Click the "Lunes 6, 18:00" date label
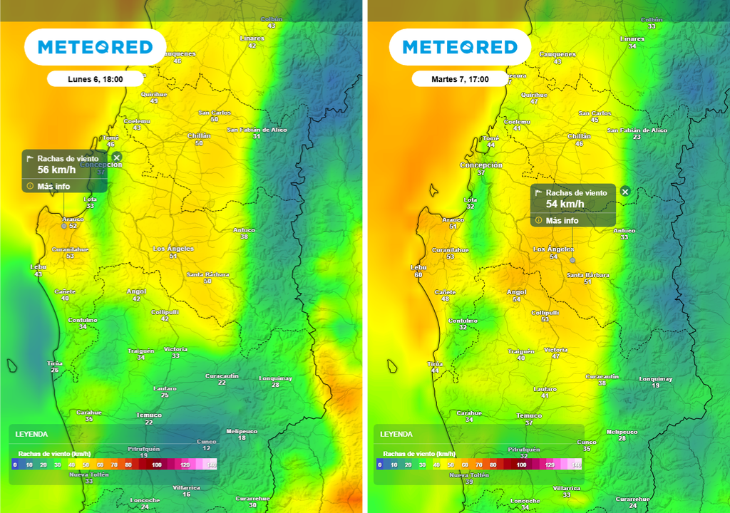96,79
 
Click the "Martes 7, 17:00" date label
461,79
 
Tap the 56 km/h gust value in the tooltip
53,170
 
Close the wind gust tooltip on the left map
117,157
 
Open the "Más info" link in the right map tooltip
562,221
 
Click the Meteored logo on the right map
460,48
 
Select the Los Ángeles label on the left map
173,249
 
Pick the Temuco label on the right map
528,415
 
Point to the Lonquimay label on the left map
275,378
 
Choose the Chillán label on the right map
578,136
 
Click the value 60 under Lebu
418,275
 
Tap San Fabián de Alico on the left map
257,130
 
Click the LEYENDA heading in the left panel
31,434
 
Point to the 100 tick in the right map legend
521,465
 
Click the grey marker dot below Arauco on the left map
64,226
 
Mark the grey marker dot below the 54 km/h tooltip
572,261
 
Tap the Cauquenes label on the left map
177,54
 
